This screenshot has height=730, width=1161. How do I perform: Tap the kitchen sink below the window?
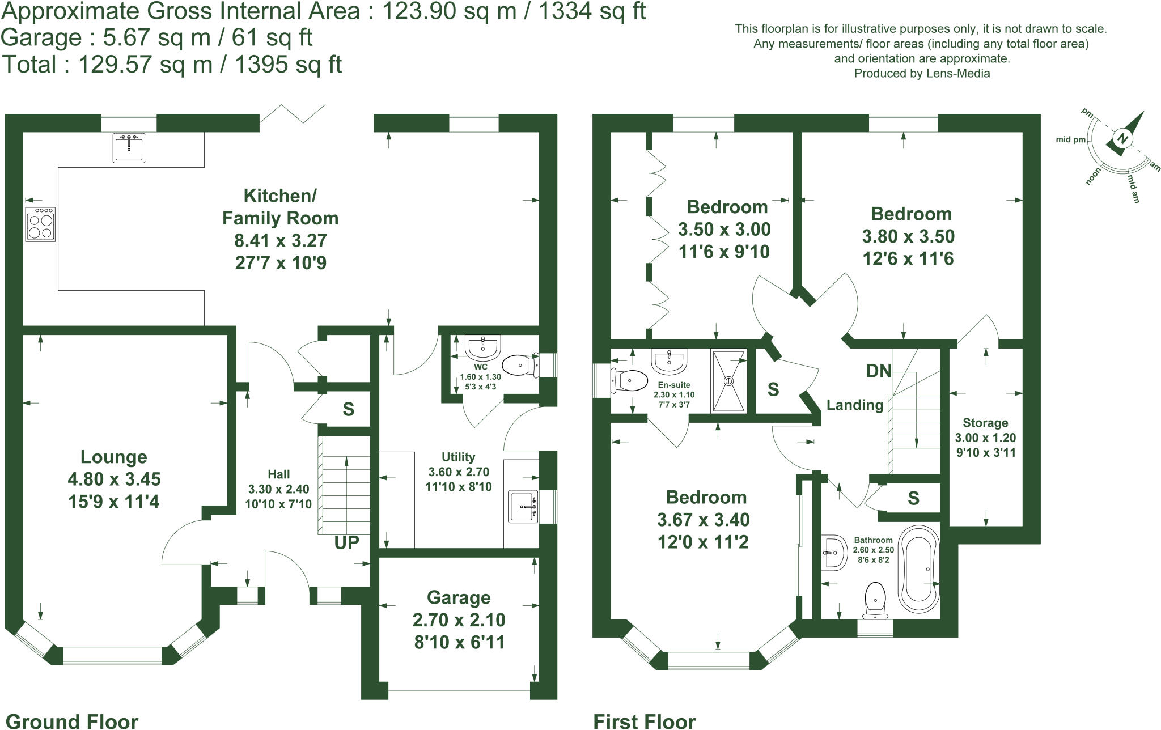coord(129,148)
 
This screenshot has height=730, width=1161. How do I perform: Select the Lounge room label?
coord(113,457)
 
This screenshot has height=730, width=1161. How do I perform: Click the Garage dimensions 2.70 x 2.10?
coord(459,620)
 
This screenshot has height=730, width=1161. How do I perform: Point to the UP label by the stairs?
coord(346,543)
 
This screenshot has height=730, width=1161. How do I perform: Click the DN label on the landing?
coord(879,371)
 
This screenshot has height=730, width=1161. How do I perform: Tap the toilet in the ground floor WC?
coord(519,366)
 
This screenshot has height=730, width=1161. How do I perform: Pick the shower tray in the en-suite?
coord(729,380)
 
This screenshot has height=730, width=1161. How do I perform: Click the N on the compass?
coord(1122,138)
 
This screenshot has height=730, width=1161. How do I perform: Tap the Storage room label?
coord(985,423)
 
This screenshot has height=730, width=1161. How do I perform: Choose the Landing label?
coord(855,405)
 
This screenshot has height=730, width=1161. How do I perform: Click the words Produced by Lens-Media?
coord(922,73)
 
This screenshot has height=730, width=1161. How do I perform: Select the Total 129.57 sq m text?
coord(172,65)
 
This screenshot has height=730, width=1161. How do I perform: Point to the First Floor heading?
coord(644,721)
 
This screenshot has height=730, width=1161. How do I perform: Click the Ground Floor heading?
coord(71,721)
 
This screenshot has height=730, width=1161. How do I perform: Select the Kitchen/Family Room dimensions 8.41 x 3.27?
coord(281,241)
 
